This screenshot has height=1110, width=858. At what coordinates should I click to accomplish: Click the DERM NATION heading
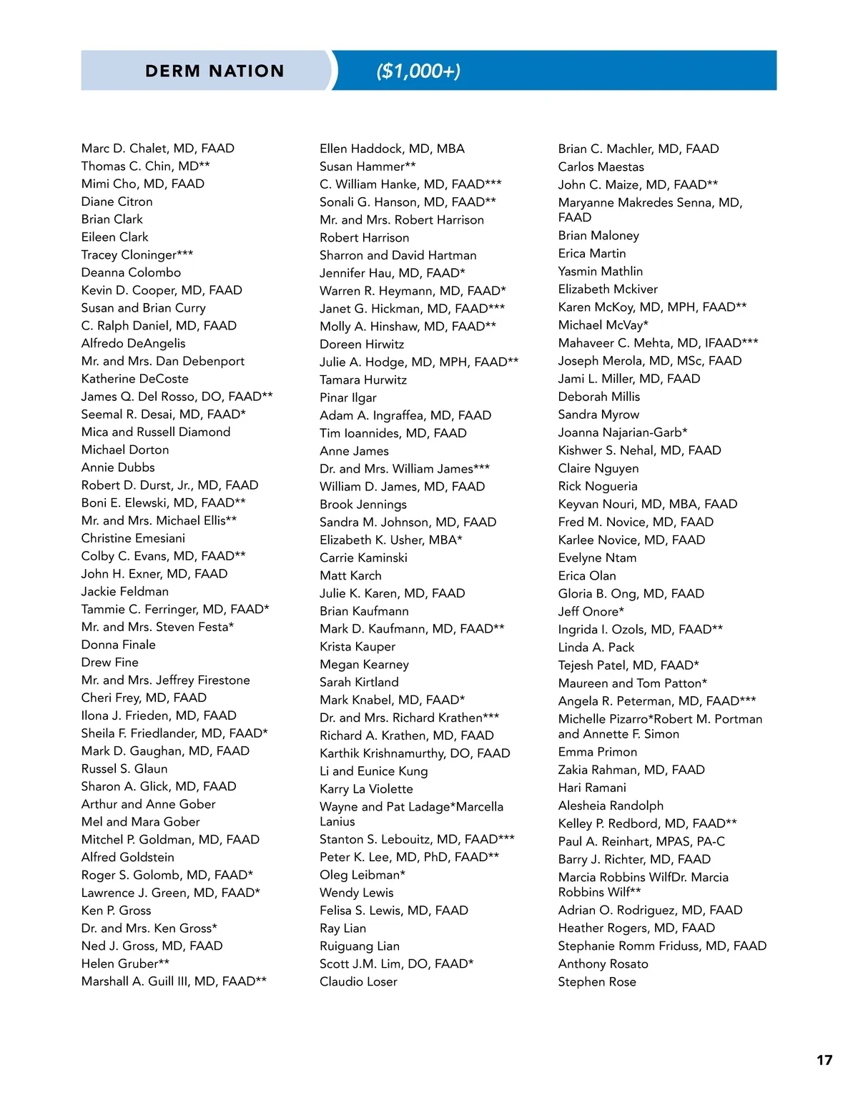pyautogui.click(x=214, y=71)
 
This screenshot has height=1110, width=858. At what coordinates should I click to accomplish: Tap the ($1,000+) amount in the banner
pyautogui.click(x=418, y=71)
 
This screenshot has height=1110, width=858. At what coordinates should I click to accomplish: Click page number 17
pyautogui.click(x=824, y=1060)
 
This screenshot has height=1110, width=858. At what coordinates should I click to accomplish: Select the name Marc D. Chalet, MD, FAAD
pyautogui.click(x=158, y=149)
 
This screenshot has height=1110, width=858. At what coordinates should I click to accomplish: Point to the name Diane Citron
pyautogui.click(x=117, y=202)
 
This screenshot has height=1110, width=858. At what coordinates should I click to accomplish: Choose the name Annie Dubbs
pyautogui.click(x=118, y=467)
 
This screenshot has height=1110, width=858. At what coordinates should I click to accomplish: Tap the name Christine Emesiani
pyautogui.click(x=133, y=538)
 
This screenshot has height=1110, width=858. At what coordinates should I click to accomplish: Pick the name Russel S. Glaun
pyautogui.click(x=124, y=768)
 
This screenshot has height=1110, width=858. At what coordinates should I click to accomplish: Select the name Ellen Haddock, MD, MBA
pyautogui.click(x=392, y=149)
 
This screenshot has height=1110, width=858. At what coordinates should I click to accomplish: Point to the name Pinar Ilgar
pyautogui.click(x=347, y=397)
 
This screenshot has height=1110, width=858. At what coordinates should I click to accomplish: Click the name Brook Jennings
pyautogui.click(x=363, y=504)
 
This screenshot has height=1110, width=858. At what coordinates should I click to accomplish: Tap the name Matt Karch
pyautogui.click(x=350, y=575)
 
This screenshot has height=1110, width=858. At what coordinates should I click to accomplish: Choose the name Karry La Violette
pyautogui.click(x=366, y=788)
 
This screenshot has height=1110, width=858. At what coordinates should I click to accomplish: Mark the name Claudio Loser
pyautogui.click(x=358, y=981)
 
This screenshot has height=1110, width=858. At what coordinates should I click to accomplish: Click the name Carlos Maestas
pyautogui.click(x=601, y=167)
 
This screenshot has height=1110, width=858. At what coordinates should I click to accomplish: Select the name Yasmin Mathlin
pyautogui.click(x=600, y=272)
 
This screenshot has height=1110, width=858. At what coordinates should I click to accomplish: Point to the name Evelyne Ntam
pyautogui.click(x=597, y=558)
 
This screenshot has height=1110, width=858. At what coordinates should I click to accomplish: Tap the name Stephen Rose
pyautogui.click(x=597, y=981)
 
